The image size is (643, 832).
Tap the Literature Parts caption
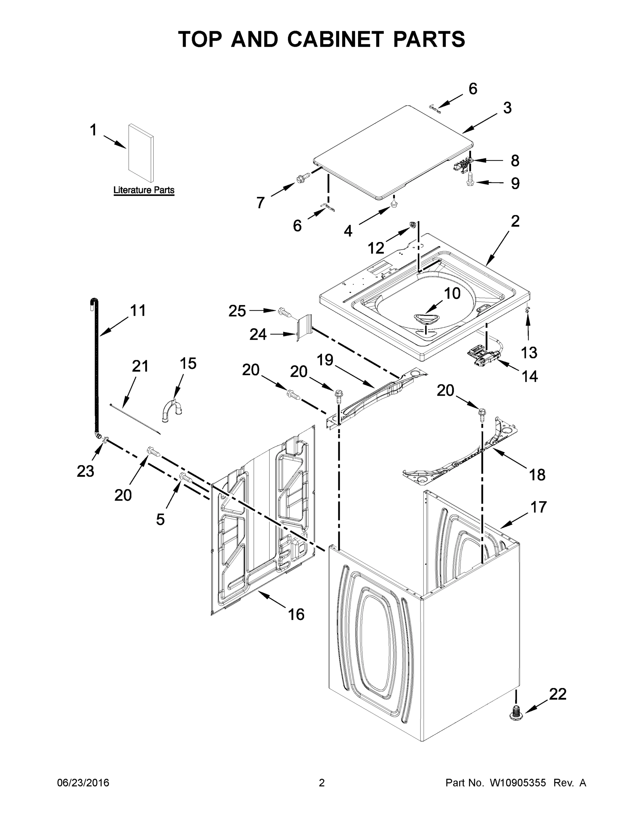tap(144, 190)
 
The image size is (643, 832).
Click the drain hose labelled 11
tap(95, 366)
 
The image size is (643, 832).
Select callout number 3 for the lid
tap(507, 108)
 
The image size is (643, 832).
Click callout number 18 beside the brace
tap(537, 475)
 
